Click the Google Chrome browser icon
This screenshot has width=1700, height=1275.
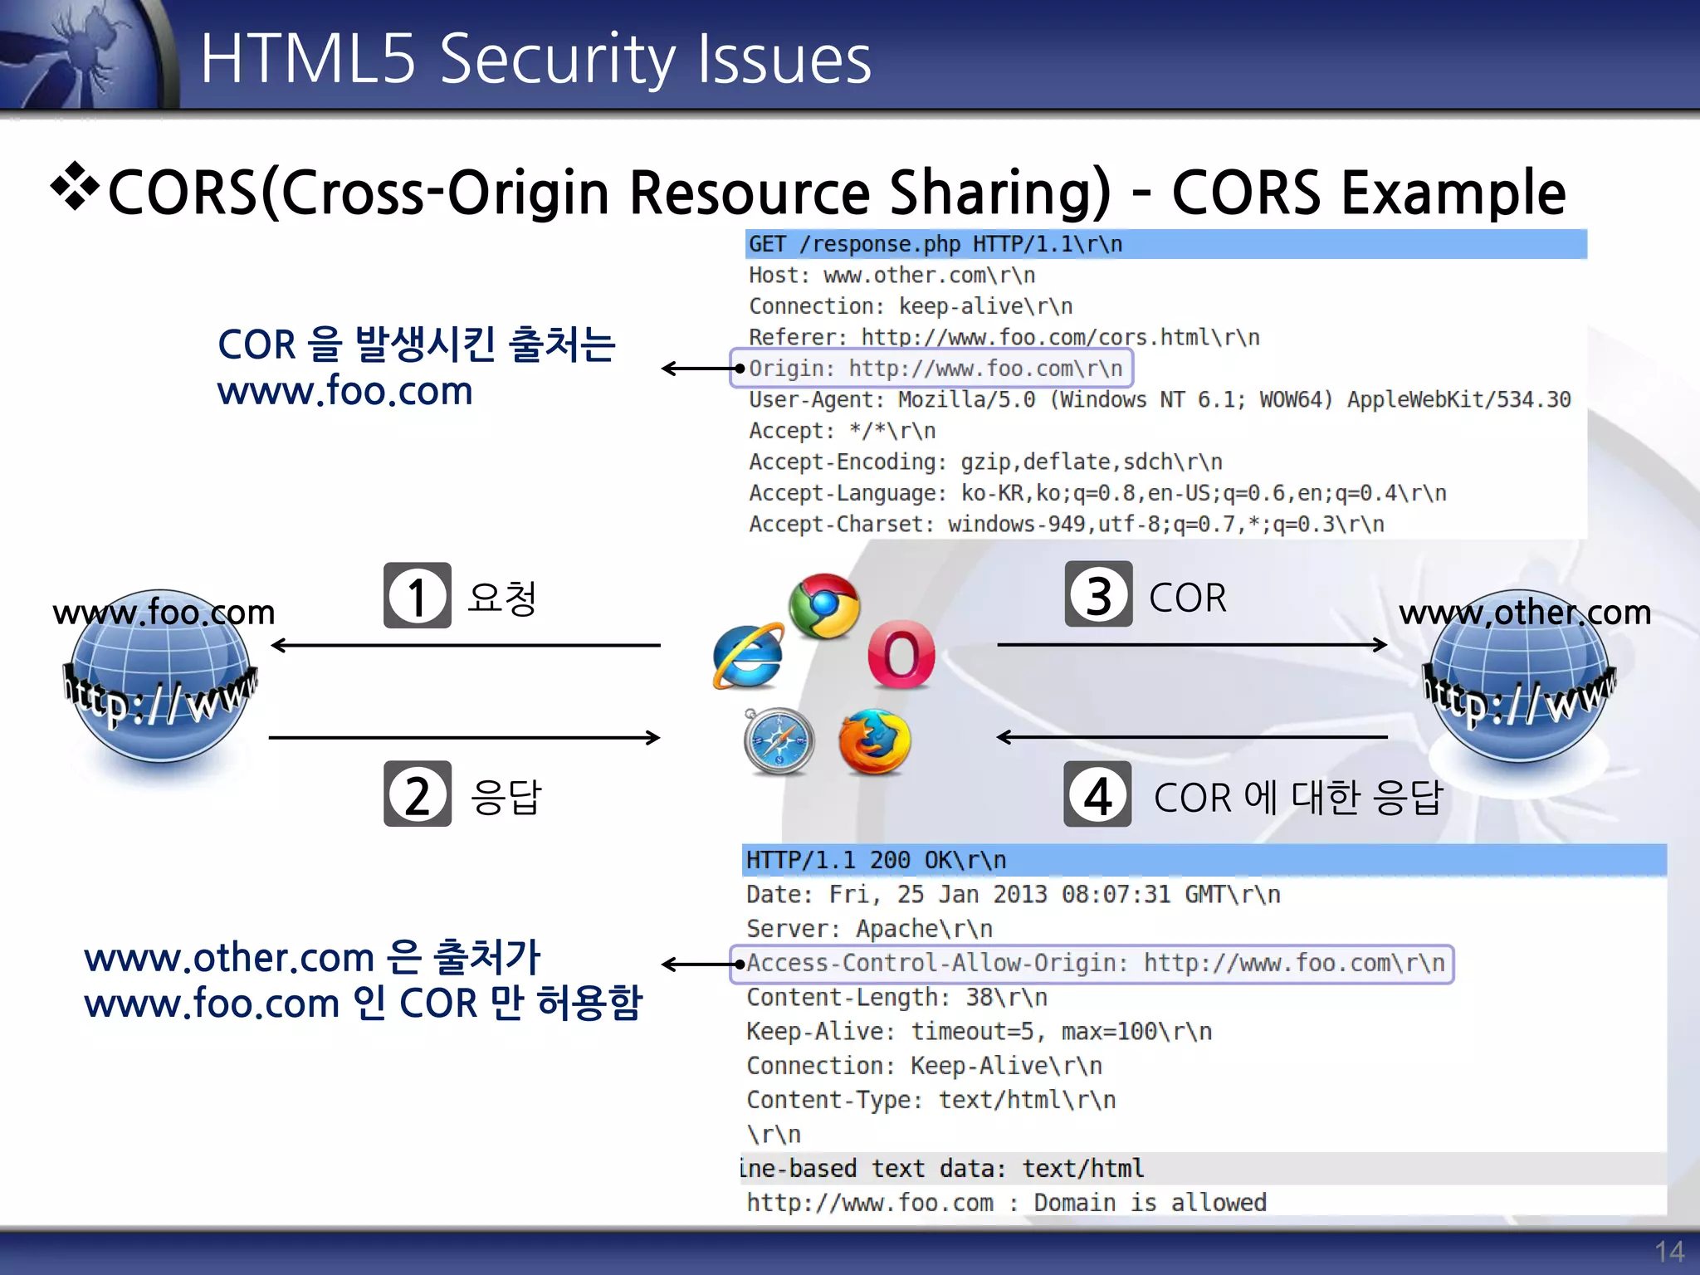[x=823, y=606]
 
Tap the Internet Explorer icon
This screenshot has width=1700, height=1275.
[x=748, y=657]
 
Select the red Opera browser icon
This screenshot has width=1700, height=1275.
[x=901, y=655]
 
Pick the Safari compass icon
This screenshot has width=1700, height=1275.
[x=779, y=741]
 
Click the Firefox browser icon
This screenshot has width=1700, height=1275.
[x=874, y=742]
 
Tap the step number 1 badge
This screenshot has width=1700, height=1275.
[x=417, y=596]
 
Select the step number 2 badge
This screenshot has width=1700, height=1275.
[x=417, y=794]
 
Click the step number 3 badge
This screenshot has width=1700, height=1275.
[x=1098, y=594]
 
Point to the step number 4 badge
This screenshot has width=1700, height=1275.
[x=1097, y=794]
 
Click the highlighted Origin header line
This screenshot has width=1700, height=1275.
[x=932, y=369]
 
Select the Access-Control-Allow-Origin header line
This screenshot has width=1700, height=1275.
[x=1092, y=964]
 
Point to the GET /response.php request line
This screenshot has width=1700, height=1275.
[x=935, y=244]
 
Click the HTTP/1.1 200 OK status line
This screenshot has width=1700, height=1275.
[x=876, y=860]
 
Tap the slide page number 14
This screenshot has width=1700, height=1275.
[x=1668, y=1251]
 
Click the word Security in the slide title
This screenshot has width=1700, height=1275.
[x=557, y=60]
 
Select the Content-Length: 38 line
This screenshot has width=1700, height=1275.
[x=896, y=997]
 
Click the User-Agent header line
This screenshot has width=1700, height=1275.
[x=1159, y=399]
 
